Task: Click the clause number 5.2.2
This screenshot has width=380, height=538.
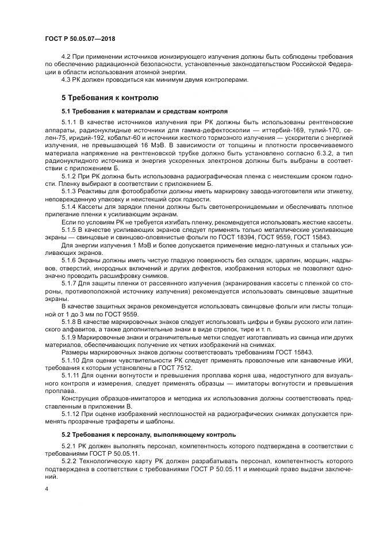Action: pyautogui.click(x=69, y=461)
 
